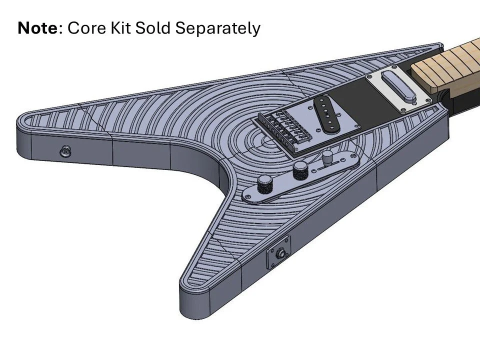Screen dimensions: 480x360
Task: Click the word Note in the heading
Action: point(37,28)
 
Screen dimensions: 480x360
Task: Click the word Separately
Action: point(218,29)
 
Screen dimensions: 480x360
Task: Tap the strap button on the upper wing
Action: point(64,151)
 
